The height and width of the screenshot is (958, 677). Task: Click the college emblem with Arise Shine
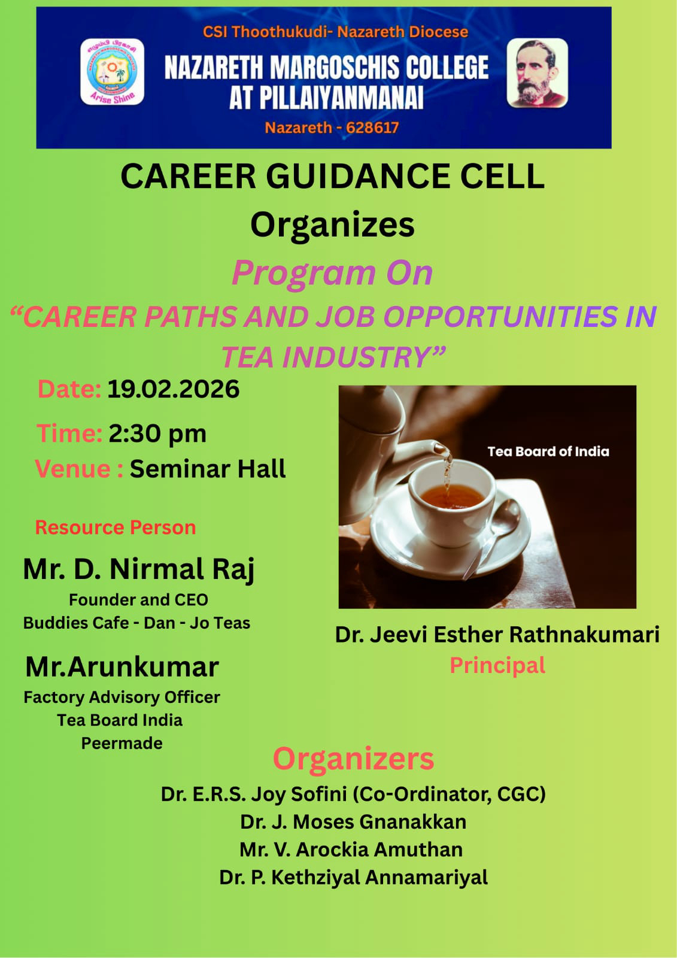(112, 71)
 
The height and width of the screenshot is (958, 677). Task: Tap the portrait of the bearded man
(537, 72)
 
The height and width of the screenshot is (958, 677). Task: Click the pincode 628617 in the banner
(372, 128)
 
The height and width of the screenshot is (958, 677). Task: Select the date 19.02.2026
(173, 389)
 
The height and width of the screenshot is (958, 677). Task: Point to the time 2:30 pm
(157, 433)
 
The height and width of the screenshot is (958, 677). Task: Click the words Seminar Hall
(208, 469)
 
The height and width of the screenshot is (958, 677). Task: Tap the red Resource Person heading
(116, 527)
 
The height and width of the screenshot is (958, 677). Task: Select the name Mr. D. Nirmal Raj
(138, 570)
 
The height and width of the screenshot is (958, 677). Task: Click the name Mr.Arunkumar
(122, 667)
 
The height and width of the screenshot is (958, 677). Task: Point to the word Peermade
(122, 743)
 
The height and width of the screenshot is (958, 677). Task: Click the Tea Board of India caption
(548, 451)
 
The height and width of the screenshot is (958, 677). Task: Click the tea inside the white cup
(451, 497)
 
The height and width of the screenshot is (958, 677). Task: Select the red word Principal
(497, 666)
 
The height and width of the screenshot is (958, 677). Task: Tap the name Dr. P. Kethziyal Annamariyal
(353, 878)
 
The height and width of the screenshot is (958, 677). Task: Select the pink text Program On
(332, 273)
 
